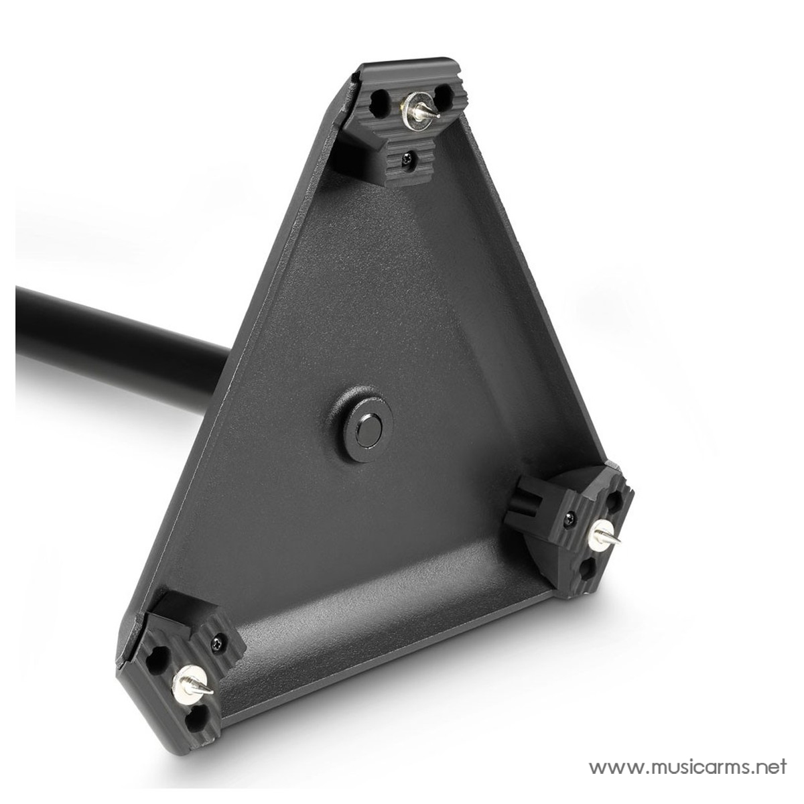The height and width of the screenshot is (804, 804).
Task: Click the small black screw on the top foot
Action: [405, 157]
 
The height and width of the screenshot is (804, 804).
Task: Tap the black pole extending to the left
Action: [121, 338]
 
